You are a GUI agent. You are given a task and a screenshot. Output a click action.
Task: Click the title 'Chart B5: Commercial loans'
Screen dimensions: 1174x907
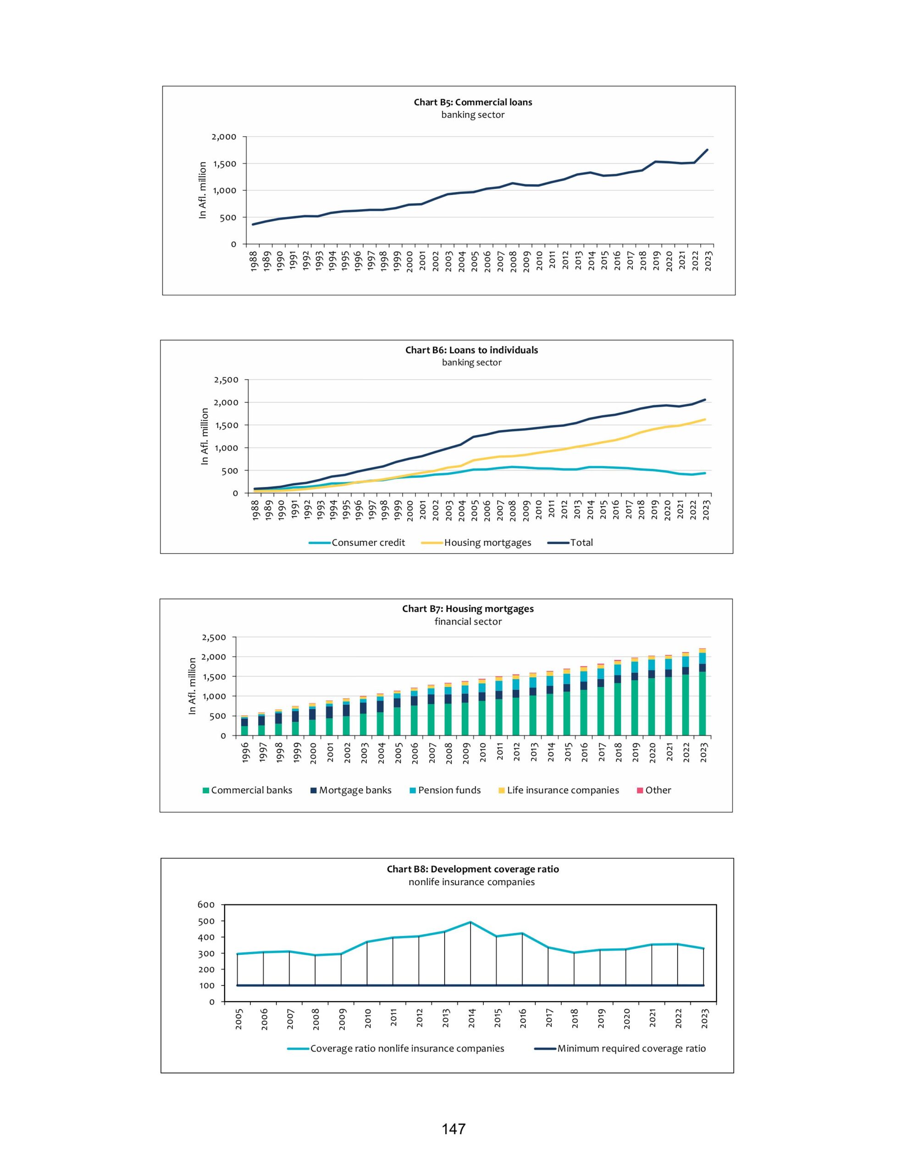[473, 102]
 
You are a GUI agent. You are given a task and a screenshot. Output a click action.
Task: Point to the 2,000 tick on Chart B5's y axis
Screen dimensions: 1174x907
[224, 137]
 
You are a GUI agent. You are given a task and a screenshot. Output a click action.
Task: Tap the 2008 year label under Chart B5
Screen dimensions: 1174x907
[514, 261]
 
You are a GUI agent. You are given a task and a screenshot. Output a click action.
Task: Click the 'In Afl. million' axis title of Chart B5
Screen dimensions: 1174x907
[203, 190]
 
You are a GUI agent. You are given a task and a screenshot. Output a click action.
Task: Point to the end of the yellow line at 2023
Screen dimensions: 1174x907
[705, 419]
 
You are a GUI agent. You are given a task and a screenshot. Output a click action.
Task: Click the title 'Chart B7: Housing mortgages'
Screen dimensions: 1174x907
[468, 609]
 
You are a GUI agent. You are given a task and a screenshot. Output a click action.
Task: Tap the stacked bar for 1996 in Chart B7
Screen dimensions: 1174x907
[244, 725]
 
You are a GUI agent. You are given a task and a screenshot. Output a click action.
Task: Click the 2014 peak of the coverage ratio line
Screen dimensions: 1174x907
[470, 922]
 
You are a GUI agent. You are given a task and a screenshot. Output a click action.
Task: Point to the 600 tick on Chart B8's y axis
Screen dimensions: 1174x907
[206, 905]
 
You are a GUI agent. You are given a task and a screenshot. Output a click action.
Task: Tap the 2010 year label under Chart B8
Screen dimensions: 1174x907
[368, 1019]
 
